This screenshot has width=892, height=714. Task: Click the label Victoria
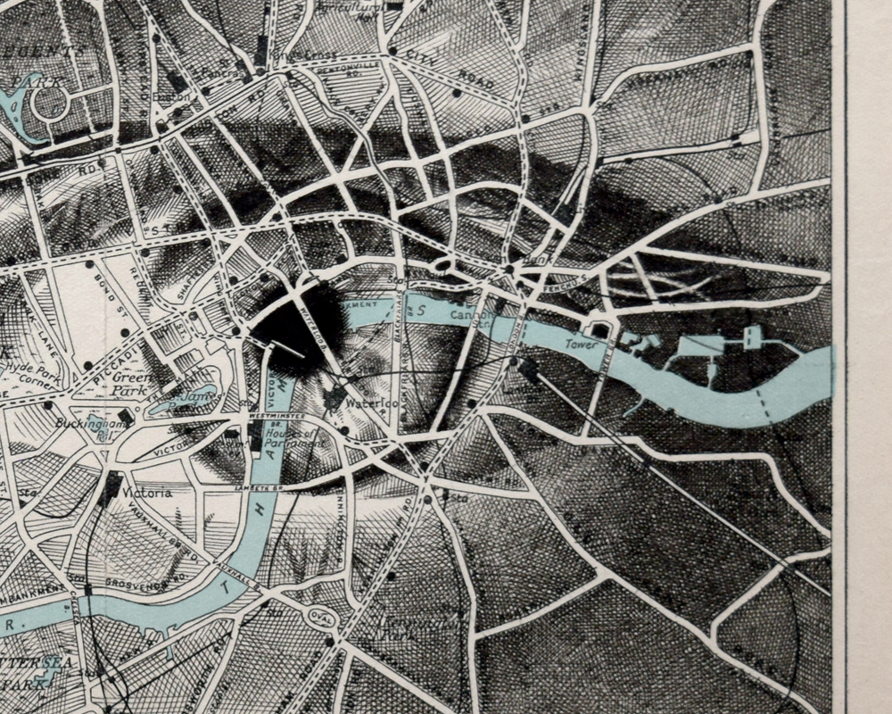point(149,492)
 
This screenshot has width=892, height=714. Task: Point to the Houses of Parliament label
point(295,437)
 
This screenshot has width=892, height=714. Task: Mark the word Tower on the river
point(579,343)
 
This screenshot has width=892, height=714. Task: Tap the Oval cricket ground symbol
point(319,616)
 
